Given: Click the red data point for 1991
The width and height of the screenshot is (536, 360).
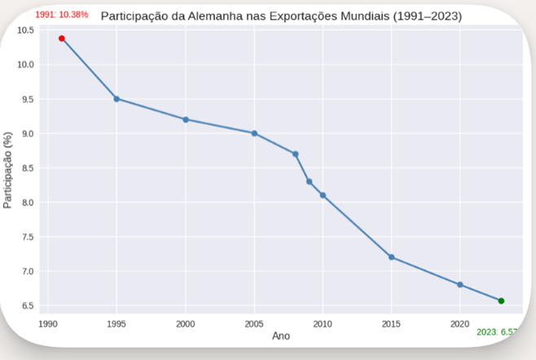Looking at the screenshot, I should click(62, 38).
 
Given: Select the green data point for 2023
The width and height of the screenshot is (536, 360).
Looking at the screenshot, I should click(501, 301).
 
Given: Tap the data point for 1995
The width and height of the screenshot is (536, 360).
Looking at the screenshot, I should click(116, 99).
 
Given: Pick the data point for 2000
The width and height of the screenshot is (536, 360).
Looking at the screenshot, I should click(186, 119).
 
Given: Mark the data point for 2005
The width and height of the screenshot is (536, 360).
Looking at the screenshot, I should click(254, 133).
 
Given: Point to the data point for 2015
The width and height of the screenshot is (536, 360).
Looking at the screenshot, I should click(392, 257).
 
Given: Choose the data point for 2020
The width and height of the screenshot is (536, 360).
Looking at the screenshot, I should click(460, 285).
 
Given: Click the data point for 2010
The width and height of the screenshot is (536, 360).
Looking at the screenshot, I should click(323, 195).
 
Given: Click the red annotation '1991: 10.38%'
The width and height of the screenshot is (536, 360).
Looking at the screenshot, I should click(62, 15).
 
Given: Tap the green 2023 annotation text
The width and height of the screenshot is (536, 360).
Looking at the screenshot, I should click(498, 331).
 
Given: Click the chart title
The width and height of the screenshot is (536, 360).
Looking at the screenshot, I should click(281, 16).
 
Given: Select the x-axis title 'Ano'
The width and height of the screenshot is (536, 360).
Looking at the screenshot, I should click(280, 336).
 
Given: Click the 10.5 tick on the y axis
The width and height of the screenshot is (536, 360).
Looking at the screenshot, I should click(25, 30).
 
